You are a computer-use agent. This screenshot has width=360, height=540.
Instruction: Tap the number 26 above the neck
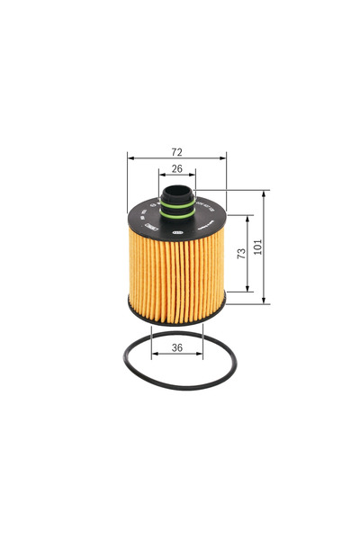(176, 168)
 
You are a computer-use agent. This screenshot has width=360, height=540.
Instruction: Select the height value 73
(241, 255)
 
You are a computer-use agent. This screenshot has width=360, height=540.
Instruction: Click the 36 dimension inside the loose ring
(176, 347)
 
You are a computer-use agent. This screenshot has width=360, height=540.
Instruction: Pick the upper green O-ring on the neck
(178, 204)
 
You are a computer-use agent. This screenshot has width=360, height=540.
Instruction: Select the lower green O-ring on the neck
(178, 214)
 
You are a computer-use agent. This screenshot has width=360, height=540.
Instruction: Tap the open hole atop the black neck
(178, 190)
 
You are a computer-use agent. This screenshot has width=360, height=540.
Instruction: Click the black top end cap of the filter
(144, 225)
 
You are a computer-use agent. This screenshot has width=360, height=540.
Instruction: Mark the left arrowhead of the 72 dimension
(130, 157)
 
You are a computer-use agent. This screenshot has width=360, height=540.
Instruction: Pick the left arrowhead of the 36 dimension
(154, 355)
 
